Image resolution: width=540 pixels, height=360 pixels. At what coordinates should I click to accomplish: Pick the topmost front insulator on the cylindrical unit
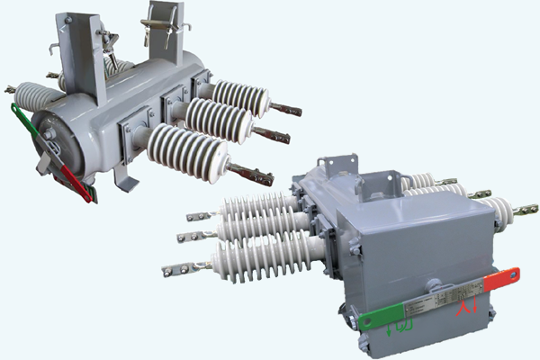coord(238,97)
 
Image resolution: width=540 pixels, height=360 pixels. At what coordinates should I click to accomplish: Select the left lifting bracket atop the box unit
coord(337,167)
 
